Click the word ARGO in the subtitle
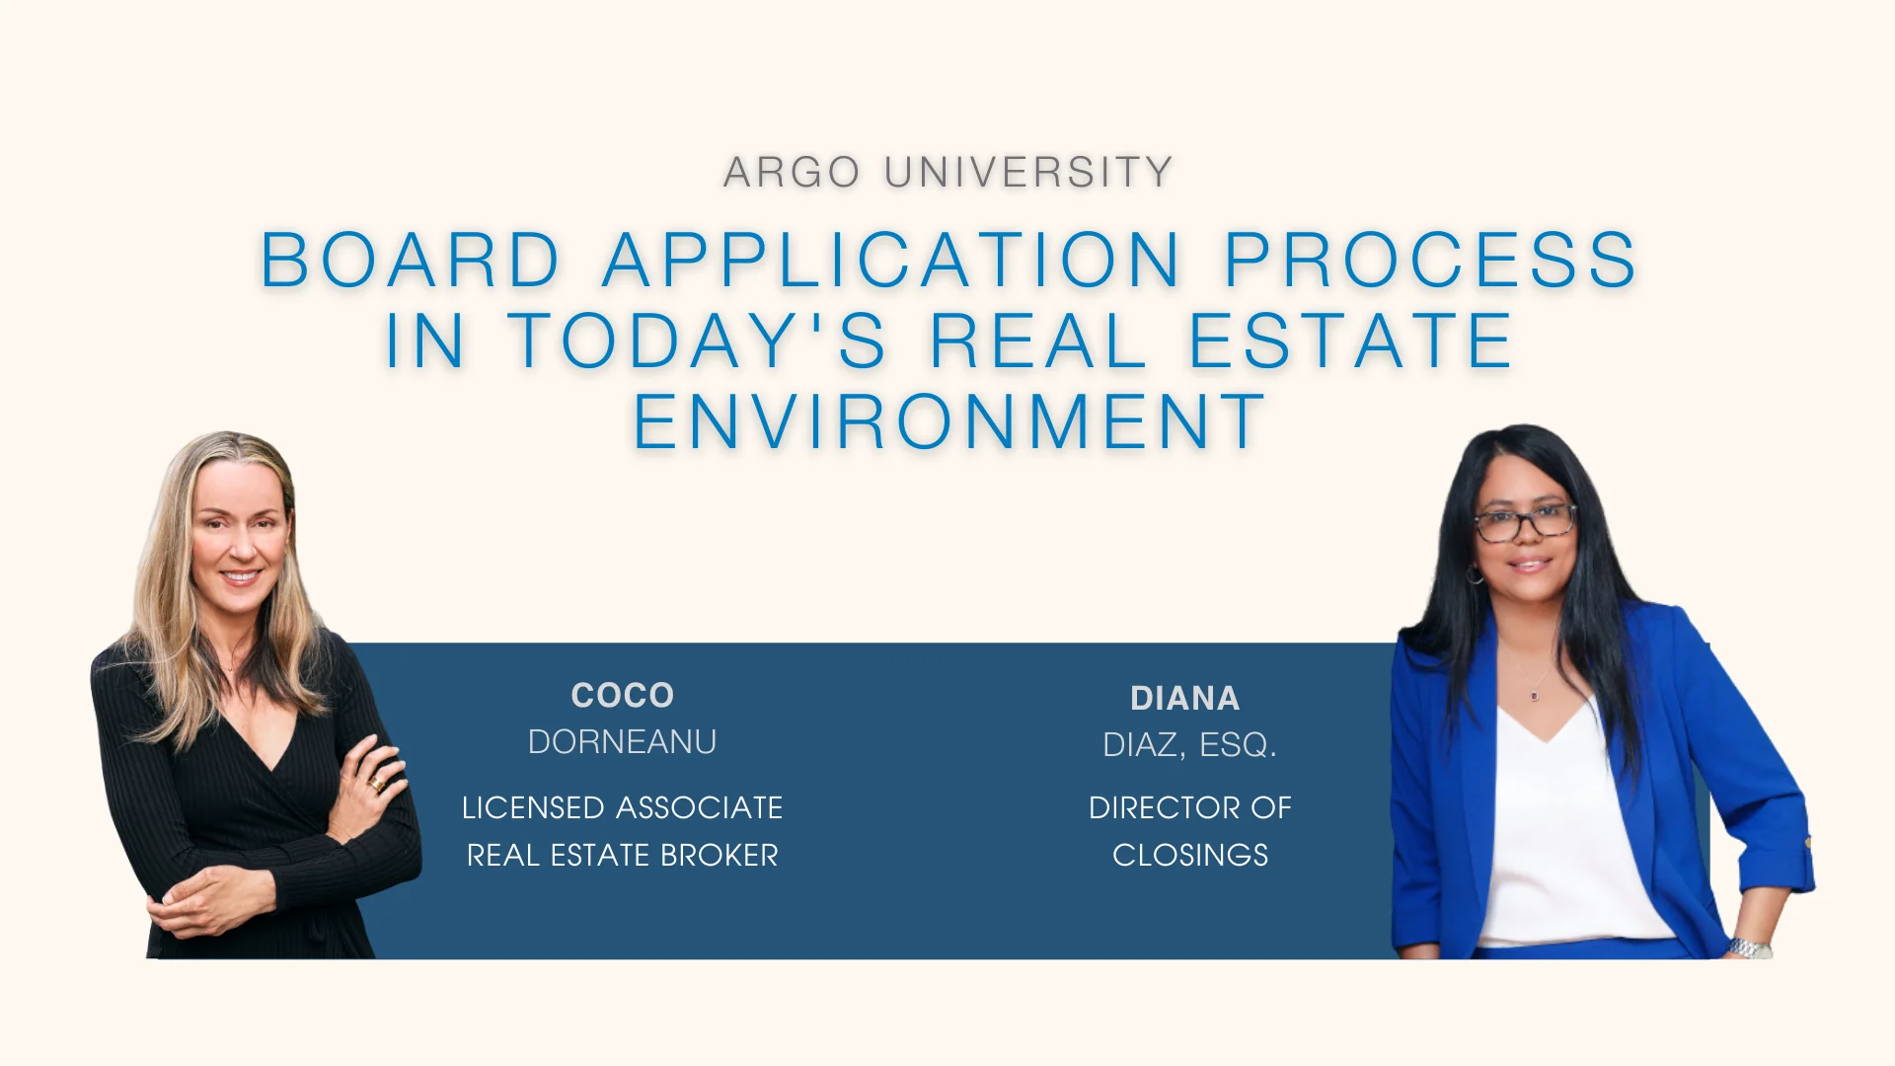pyautogui.click(x=793, y=173)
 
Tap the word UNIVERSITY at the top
pyautogui.click(x=1028, y=173)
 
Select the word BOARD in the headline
pyautogui.click(x=410, y=261)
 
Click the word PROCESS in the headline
pyautogui.click(x=1431, y=261)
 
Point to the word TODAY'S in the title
pyautogui.click(x=697, y=341)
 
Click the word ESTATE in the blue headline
pyautogui.click(x=1350, y=341)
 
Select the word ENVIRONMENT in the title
pyautogui.click(x=948, y=421)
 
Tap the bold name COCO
pyautogui.click(x=622, y=696)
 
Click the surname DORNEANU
pyautogui.click(x=622, y=742)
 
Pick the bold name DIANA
pyautogui.click(x=1184, y=699)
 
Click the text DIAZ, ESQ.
pyautogui.click(x=1189, y=745)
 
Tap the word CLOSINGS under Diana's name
pyautogui.click(x=1190, y=855)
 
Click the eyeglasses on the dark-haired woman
pyautogui.click(x=1525, y=522)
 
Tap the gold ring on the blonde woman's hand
pyautogui.click(x=376, y=784)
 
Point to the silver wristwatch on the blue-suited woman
pyautogui.click(x=1749, y=949)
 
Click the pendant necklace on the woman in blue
pyautogui.click(x=1535, y=696)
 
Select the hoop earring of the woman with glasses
pyautogui.click(x=1475, y=575)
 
